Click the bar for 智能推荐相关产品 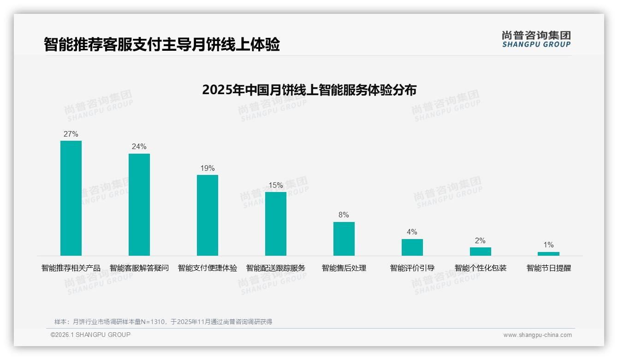pos(71,198)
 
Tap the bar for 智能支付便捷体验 pos(208,215)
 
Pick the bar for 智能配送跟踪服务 pos(276,224)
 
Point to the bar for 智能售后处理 pos(344,239)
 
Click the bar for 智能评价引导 pos(412,247)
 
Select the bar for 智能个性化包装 pos(481,252)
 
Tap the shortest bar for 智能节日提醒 pos(548,254)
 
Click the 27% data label pos(71,134)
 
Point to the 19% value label pos(208,168)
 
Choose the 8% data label pos(344,215)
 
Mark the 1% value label pos(548,245)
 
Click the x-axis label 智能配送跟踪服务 pos(276,268)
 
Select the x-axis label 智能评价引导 pos(412,268)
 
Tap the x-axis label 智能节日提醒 pos(549,268)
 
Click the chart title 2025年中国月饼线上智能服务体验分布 pos(309,90)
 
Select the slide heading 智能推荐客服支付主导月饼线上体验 pos(162,45)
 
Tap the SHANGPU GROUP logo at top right pos(536,39)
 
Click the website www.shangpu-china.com pos(537,335)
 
